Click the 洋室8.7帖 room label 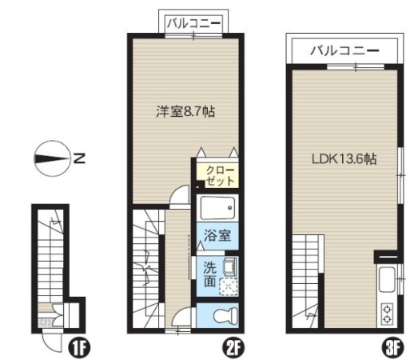[185, 111]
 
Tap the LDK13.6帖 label [344, 159]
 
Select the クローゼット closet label [221, 175]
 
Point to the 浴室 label [217, 235]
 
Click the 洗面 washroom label [209, 274]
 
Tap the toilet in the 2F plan [225, 315]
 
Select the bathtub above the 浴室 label [217, 208]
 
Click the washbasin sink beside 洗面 [229, 266]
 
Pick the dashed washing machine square [229, 286]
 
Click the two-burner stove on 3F [387, 314]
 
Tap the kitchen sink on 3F [387, 279]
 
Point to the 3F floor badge [392, 348]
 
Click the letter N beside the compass [79, 158]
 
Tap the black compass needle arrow [51, 158]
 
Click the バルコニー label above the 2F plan [193, 23]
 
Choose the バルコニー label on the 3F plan [344, 50]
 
